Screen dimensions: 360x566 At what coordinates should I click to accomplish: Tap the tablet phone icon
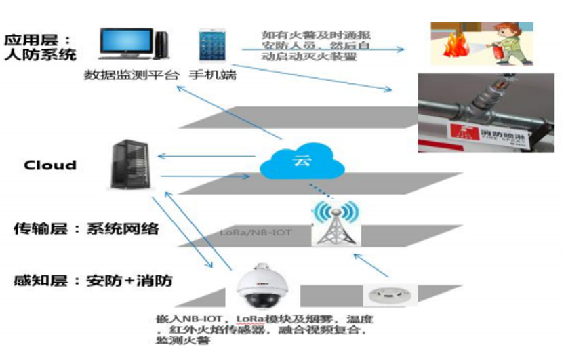211,46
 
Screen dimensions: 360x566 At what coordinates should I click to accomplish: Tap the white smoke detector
386,295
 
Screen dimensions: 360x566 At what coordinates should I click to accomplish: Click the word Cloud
50,165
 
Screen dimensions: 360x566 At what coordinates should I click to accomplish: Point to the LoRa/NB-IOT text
256,233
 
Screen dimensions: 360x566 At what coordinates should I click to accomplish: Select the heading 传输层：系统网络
86,229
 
